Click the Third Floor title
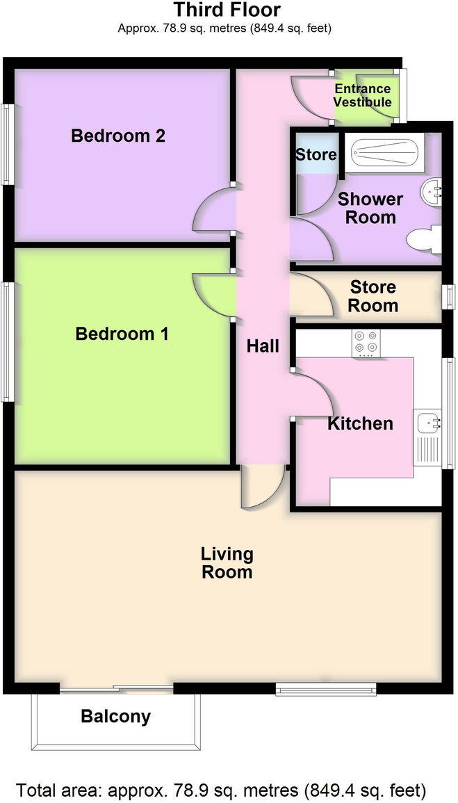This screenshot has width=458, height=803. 227,10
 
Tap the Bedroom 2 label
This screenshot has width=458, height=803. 118,136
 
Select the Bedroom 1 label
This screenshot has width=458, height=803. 122,334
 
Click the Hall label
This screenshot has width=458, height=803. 263,346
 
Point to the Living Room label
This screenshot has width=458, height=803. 227,563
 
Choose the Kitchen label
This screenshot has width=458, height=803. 360,423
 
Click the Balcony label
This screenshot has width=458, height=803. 115,717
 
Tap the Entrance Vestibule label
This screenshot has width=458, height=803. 363,96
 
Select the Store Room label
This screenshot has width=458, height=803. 373,296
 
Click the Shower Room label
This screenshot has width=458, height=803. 370,208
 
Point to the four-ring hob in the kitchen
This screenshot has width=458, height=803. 366,343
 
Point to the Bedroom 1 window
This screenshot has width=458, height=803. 8,341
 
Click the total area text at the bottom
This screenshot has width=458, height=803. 221,790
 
